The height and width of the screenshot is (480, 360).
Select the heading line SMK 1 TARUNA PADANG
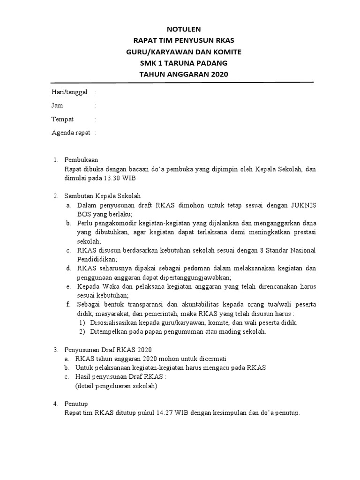180,63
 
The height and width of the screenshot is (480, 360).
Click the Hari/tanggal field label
69,92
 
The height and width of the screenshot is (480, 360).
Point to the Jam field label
57,105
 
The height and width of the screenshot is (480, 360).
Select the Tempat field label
62,119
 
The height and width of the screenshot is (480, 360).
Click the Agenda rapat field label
71,133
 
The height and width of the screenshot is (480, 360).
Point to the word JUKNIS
300,205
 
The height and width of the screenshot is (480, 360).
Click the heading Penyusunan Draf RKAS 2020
108,350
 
